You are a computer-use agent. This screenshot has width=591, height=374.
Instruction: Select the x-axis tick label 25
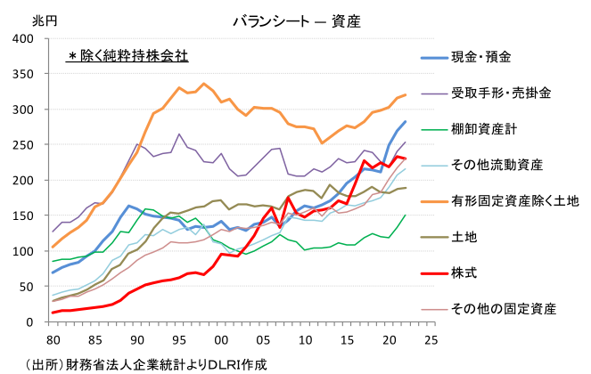tap(431, 339)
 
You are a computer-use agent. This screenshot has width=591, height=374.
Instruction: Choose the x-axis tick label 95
tap(178, 339)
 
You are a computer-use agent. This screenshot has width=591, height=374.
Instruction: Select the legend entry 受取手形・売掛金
tap(500, 93)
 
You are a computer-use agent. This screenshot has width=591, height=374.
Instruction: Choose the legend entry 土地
tap(464, 237)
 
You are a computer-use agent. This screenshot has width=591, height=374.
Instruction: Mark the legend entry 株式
tap(464, 272)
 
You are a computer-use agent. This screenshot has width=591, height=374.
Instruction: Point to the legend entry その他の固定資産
tap(504, 309)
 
